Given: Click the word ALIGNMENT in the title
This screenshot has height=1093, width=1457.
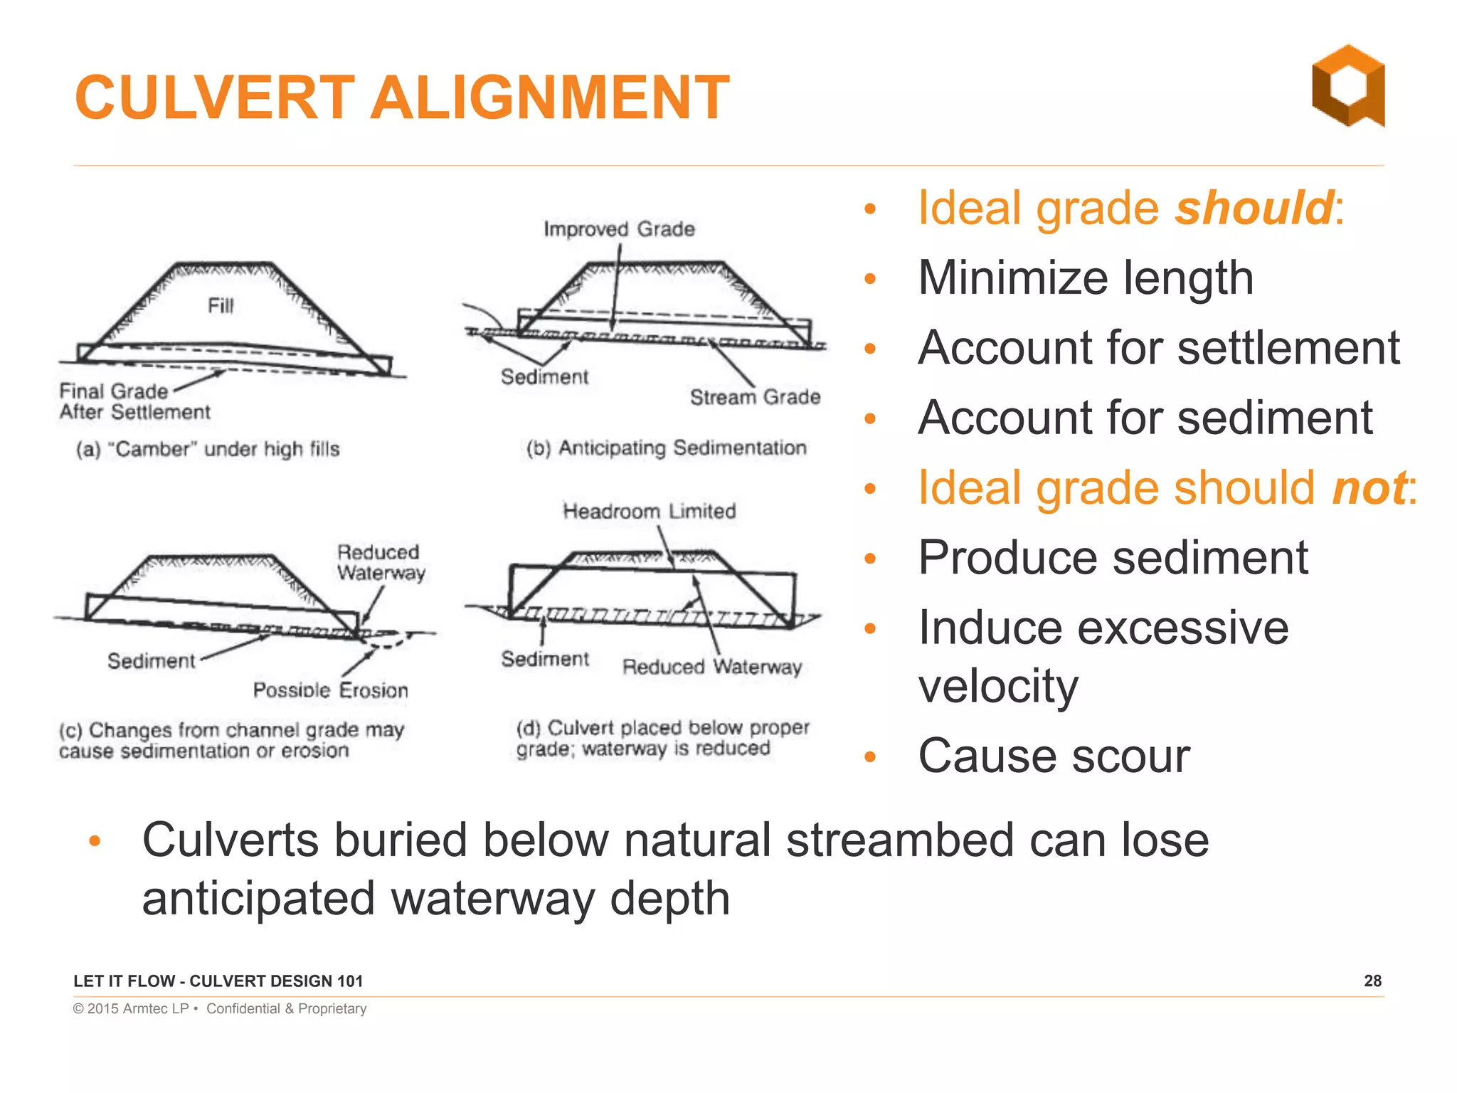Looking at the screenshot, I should [x=549, y=97].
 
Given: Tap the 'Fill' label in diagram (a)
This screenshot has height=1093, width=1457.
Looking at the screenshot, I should [x=221, y=306].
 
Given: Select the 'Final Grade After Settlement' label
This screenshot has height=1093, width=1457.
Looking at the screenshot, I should [x=134, y=401].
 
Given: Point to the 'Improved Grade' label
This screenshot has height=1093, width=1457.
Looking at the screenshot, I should [x=619, y=229].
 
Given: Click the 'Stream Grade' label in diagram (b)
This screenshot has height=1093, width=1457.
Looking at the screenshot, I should [x=755, y=397].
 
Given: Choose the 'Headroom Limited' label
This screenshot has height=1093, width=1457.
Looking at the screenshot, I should [x=649, y=511].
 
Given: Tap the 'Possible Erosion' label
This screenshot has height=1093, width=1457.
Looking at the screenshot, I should [x=331, y=690].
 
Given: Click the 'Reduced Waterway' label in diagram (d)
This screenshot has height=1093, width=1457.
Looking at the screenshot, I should [x=711, y=667].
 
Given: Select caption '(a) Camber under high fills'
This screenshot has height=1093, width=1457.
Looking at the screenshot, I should [x=208, y=449].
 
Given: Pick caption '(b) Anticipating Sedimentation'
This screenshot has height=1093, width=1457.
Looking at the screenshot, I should [x=666, y=448].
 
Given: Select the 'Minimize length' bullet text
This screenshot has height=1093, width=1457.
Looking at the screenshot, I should [x=1086, y=278].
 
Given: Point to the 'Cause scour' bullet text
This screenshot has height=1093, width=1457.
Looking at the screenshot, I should [x=1054, y=756].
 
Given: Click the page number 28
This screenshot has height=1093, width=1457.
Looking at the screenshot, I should [x=1372, y=981].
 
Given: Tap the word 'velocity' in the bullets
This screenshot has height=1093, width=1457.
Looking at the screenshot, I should [x=998, y=686].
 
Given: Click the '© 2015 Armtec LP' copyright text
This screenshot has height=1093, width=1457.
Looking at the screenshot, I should [x=131, y=1008].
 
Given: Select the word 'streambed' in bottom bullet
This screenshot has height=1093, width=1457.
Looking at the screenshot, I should [x=900, y=840].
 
